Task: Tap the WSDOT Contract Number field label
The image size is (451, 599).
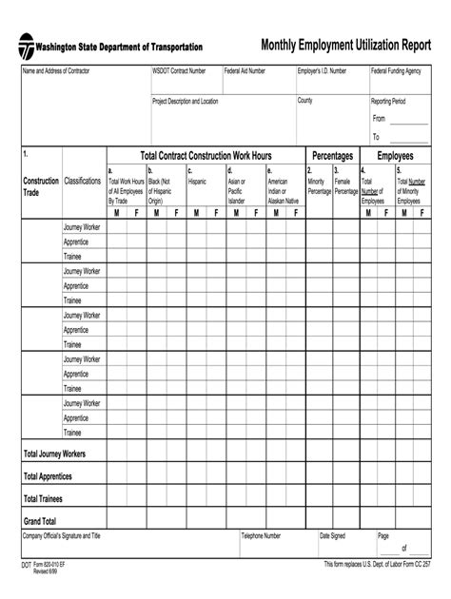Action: [x=179, y=71]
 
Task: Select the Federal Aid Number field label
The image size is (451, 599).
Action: [x=245, y=71]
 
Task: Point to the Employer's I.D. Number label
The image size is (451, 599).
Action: [x=322, y=71]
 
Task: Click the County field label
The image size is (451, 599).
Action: [x=305, y=100]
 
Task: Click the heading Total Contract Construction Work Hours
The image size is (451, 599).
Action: [x=206, y=155]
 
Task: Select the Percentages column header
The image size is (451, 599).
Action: [x=333, y=155]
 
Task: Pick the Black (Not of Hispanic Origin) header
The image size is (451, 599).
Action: [x=160, y=185]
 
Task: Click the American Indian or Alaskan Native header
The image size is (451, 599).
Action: [x=284, y=185]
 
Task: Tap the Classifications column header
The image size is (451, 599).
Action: [x=83, y=180]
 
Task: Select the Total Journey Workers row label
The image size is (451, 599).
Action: [x=54, y=454]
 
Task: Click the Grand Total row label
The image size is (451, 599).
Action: [x=40, y=521]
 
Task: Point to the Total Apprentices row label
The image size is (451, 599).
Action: [x=48, y=476]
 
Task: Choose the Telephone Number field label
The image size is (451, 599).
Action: [x=261, y=536]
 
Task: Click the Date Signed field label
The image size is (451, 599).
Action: [x=332, y=536]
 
